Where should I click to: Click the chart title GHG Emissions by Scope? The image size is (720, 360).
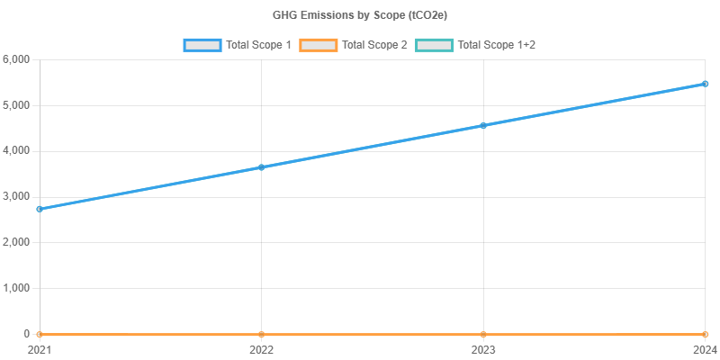click(x=360, y=15)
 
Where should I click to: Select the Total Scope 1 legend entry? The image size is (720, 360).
click(x=238, y=44)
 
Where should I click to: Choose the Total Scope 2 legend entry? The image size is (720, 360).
click(x=357, y=44)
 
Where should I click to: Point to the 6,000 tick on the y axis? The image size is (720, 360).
click(x=17, y=59)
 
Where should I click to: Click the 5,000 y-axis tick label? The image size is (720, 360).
click(x=17, y=105)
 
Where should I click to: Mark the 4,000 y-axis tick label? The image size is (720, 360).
click(x=17, y=150)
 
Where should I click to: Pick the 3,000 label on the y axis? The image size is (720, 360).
click(x=17, y=196)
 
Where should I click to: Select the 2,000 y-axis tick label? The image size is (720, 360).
click(x=17, y=242)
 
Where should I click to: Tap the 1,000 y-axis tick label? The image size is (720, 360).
click(x=17, y=288)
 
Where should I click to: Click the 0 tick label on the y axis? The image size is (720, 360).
click(x=27, y=334)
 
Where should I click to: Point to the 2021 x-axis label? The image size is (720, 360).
click(x=40, y=348)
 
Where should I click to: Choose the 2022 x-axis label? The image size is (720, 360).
click(x=261, y=348)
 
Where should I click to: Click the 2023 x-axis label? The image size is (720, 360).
click(x=483, y=348)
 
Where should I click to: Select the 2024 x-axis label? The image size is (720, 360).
click(x=705, y=348)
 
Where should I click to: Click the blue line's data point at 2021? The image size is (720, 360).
click(x=40, y=209)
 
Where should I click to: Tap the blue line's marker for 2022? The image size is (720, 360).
click(x=261, y=166)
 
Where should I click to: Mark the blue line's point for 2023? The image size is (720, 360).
click(x=483, y=125)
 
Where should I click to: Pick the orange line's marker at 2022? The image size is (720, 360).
click(x=261, y=334)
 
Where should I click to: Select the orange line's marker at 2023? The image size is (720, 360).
click(x=483, y=334)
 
